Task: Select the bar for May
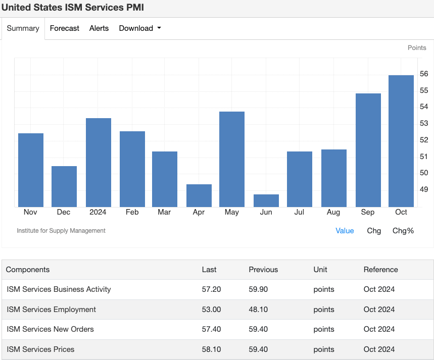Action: click(x=232, y=159)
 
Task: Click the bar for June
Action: click(x=266, y=200)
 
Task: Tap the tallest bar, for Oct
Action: click(x=401, y=141)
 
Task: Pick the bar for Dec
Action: click(x=64, y=186)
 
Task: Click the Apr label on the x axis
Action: click(x=199, y=213)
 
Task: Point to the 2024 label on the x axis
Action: click(x=98, y=213)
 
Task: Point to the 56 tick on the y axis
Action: click(x=423, y=74)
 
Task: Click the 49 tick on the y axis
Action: click(x=423, y=189)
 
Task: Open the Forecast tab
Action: click(x=64, y=28)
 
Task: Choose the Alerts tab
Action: click(x=99, y=28)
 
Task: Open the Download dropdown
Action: click(x=140, y=28)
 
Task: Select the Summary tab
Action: click(x=23, y=28)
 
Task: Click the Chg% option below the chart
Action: click(x=403, y=231)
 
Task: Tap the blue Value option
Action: click(x=345, y=231)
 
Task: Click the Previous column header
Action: click(x=263, y=270)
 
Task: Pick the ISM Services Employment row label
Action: click(x=51, y=310)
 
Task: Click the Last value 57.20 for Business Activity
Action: click(x=211, y=289)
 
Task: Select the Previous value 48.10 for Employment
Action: click(x=259, y=310)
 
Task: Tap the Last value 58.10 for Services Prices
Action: click(x=211, y=349)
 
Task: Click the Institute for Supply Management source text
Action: click(x=61, y=231)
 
